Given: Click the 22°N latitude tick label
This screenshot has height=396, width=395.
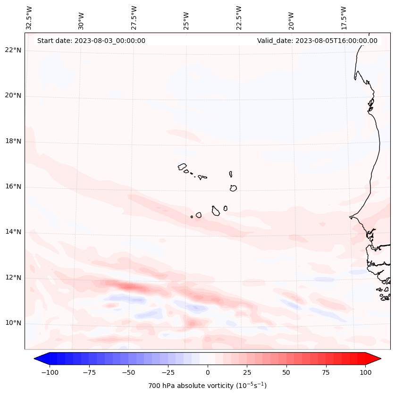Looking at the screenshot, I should click(x=13, y=51).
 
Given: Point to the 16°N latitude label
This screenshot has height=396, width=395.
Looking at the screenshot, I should click(x=13, y=187).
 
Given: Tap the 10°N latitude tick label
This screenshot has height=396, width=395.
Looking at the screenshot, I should click(x=13, y=323).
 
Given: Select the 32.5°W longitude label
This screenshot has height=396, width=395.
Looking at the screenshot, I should click(x=29, y=17).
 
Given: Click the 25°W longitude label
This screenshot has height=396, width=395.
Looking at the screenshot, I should click(x=186, y=17).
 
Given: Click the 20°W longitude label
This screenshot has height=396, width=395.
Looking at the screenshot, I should click(x=291, y=17).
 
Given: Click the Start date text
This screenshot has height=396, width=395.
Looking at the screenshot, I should click(x=91, y=41).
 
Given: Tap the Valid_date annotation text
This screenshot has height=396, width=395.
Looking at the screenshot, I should click(x=317, y=41).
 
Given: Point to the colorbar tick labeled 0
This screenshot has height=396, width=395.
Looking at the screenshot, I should click(x=208, y=372).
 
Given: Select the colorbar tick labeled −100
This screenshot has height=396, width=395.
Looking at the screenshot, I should click(x=50, y=372).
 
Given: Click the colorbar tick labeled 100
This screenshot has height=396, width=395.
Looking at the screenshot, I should click(x=365, y=372).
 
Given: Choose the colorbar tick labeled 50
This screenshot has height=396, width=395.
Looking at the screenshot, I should click(x=286, y=372).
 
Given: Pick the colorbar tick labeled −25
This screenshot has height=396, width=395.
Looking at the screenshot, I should click(x=168, y=372).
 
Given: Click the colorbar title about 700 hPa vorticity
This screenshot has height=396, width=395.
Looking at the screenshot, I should click(x=207, y=386).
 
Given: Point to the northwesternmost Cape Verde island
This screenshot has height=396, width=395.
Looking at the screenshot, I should click(x=182, y=166).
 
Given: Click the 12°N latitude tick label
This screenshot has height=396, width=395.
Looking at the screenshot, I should click(x=13, y=278).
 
